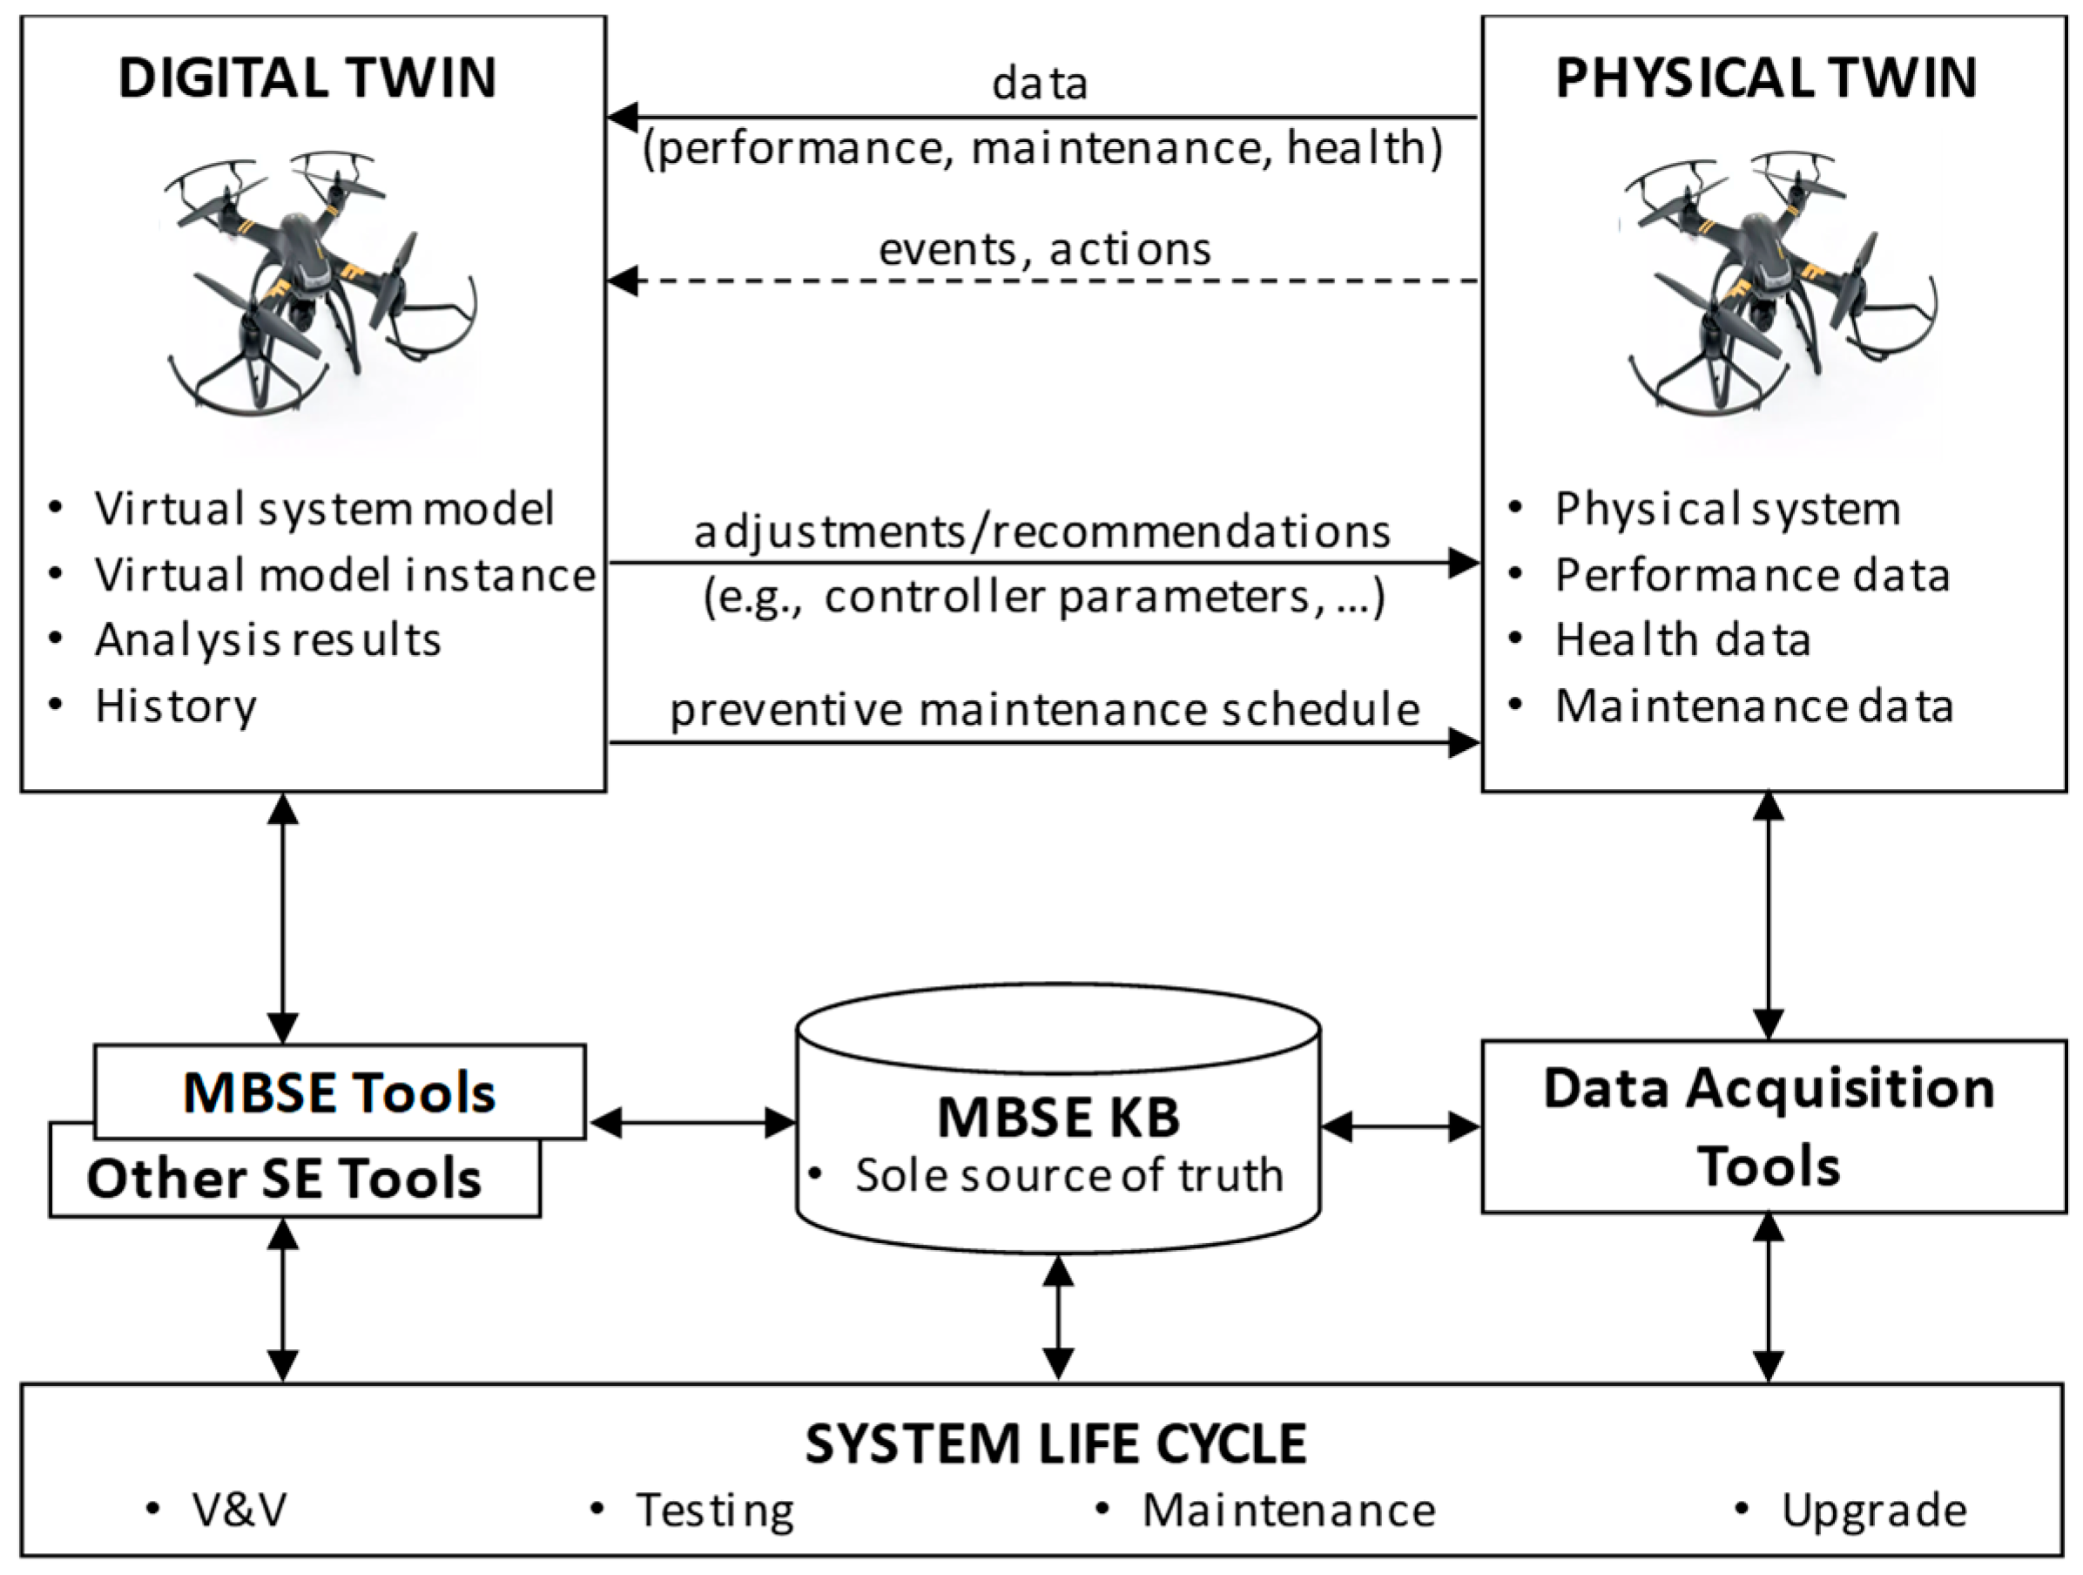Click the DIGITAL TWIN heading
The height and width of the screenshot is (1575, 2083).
307,78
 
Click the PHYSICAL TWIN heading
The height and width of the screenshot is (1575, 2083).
1766,78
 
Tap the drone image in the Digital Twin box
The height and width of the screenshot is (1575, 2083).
320,282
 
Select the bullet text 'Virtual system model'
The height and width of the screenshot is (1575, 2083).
323,509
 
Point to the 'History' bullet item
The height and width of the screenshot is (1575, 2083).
175,706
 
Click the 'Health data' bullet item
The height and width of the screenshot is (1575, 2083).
1682,640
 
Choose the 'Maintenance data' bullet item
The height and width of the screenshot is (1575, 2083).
1754,706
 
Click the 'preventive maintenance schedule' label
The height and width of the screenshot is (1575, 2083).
1043,709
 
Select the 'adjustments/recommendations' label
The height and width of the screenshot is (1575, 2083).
1041,532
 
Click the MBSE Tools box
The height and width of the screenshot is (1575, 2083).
339,1092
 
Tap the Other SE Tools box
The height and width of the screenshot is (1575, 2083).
282,1180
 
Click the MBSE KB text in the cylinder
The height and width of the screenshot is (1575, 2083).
1057,1117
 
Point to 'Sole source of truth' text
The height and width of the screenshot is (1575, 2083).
1068,1176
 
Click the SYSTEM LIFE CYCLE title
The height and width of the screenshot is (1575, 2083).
1055,1444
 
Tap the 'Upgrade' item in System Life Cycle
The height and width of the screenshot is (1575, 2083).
1873,1511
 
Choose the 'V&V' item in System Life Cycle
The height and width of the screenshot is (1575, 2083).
239,1510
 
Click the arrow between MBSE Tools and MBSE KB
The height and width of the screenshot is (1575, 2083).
692,1123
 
